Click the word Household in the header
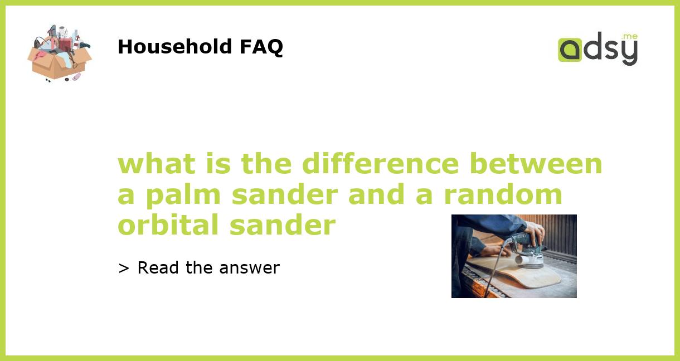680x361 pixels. [x=175, y=47]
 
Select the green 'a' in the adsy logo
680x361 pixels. [x=570, y=50]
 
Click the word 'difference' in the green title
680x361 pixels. [x=382, y=164]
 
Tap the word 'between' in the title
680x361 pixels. [x=536, y=164]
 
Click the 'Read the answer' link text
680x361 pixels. [x=208, y=268]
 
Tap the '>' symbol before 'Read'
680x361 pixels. [x=124, y=268]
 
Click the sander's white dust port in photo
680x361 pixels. [x=522, y=259]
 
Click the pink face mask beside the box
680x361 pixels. [x=76, y=76]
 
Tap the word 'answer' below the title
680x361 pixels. [x=249, y=268]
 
